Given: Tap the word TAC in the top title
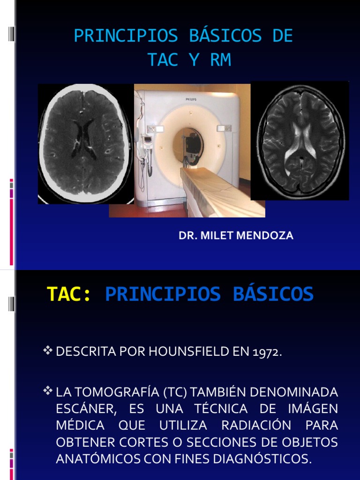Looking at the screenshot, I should click(163, 60).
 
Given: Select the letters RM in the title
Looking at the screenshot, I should click(221, 60).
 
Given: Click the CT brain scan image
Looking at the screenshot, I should click(85, 143).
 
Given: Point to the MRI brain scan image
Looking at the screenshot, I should click(300, 141).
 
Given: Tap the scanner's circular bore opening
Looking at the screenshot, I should click(189, 145).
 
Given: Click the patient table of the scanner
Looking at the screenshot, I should click(220, 192).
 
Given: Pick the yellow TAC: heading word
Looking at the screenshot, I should click(69, 294).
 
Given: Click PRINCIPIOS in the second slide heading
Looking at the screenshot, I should click(163, 294).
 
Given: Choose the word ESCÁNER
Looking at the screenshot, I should click(85, 409).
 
